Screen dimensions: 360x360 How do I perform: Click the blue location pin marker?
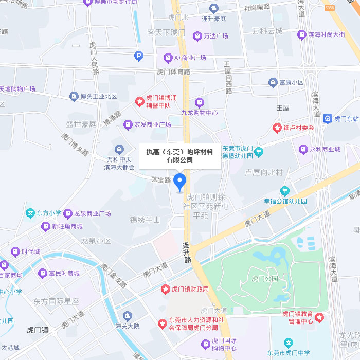179,182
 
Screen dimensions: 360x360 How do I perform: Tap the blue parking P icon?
138,56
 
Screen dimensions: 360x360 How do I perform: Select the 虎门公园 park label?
265,279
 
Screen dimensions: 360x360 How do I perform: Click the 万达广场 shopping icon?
197,37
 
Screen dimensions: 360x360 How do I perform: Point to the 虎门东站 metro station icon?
327,119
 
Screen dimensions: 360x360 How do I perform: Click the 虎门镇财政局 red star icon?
166,290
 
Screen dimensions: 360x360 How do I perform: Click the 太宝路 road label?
161,180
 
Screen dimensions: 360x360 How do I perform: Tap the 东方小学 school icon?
30,213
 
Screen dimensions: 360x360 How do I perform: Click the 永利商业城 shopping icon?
303,150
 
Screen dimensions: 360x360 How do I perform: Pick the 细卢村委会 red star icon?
277,127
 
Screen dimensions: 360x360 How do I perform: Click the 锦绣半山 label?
145,220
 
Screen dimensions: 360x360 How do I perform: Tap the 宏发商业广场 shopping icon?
128,124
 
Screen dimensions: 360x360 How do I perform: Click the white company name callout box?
179,156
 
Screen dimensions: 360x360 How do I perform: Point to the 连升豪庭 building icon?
214,8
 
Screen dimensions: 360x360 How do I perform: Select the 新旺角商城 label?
67,226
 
